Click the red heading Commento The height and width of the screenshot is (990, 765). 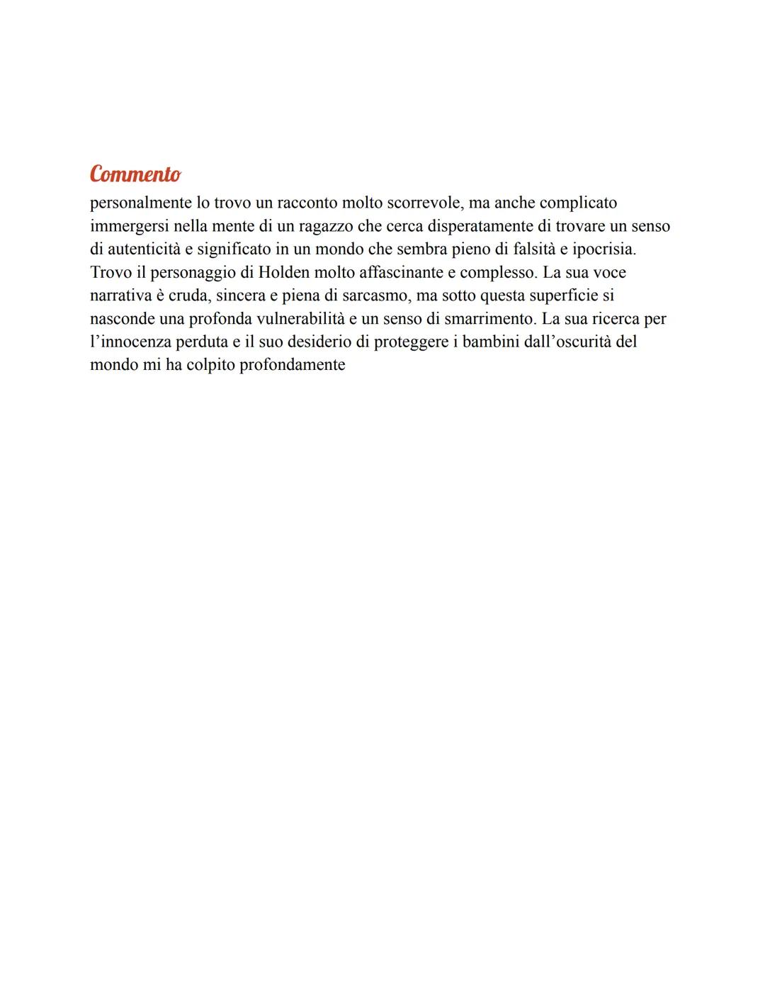135,174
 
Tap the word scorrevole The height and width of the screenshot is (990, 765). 423,203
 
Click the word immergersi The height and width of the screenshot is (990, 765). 130,226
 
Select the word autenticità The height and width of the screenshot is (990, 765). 144,249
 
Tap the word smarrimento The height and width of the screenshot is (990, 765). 488,319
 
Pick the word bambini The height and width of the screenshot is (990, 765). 489,342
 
